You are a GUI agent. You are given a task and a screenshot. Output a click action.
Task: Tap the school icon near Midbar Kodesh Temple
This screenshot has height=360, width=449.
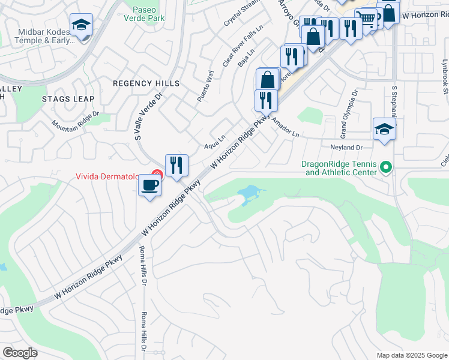point(81,25)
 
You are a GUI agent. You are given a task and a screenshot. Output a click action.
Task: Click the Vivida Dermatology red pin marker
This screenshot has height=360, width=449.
point(157,175)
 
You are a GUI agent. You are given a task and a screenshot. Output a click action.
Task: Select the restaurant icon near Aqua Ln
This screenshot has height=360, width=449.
point(176,166)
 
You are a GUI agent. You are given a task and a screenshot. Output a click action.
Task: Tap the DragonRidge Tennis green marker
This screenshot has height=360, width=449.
point(386,167)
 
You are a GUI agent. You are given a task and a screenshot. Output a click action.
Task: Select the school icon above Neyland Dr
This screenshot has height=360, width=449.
point(384,129)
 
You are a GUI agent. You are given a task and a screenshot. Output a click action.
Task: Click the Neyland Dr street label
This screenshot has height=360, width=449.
point(347,147)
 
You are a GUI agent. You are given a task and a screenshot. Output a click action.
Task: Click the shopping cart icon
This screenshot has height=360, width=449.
point(365,20)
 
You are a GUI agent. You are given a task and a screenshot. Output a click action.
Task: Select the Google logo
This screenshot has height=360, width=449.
point(20,352)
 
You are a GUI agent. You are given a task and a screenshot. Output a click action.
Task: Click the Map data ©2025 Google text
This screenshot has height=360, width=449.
point(411,355)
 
